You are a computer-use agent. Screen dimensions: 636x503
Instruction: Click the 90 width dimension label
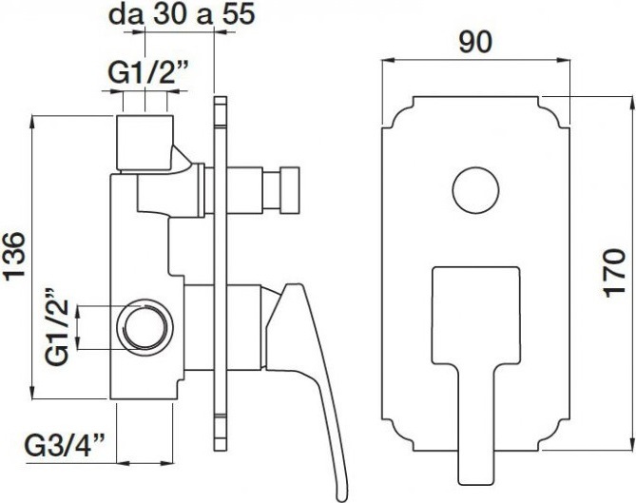[x=475, y=42]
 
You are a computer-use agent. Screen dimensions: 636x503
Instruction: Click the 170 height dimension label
[x=614, y=273]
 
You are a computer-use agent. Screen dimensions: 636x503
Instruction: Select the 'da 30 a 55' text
[x=183, y=14]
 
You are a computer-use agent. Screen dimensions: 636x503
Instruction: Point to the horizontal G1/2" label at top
[x=148, y=74]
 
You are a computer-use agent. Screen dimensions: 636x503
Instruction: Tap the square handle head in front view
[x=475, y=315]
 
